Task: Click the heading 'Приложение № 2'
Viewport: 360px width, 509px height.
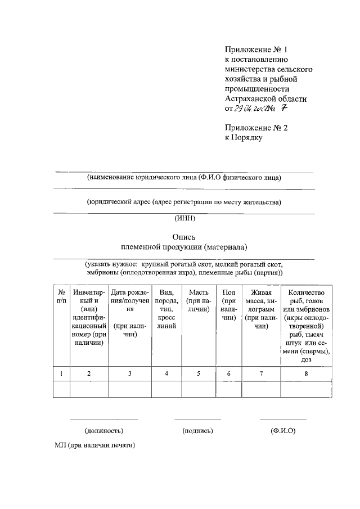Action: tap(255, 128)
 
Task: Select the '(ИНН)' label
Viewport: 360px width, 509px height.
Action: tap(184, 220)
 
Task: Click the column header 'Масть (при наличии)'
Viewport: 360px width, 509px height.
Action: tap(199, 301)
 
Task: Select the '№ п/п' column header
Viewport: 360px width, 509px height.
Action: tap(61, 296)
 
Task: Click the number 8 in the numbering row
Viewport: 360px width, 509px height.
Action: tap(305, 373)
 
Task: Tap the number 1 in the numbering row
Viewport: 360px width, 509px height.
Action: tap(61, 373)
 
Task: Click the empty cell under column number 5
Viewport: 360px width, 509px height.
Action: tap(199, 389)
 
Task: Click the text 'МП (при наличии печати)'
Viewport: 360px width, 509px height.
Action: tap(95, 445)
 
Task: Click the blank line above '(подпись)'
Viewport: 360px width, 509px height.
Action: tap(197, 419)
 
